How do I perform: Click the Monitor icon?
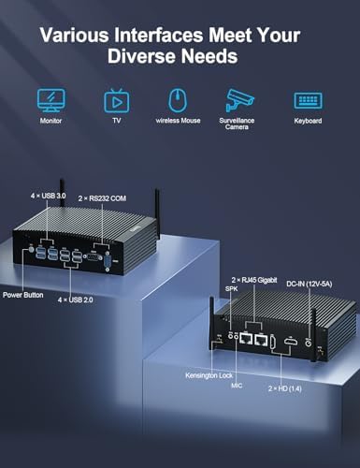pos(51,100)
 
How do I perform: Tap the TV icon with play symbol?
pos(117,101)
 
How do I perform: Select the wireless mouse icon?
pos(178,100)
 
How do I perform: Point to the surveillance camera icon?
pos(239,100)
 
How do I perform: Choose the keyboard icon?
pos(309,100)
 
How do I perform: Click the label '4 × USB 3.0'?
pos(48,196)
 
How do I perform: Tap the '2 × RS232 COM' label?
pos(102,198)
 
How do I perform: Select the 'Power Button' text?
pos(23,295)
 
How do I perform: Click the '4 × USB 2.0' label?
pos(75,300)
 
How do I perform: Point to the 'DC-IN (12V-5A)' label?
pos(310,284)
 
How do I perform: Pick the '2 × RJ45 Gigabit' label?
pos(254,280)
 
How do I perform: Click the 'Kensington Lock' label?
pos(209,375)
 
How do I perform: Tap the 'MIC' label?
pos(237,386)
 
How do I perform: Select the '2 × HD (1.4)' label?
pos(285,388)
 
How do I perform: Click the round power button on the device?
pos(31,250)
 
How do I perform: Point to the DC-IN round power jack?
pos(309,343)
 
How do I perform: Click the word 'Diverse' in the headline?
pos(142,56)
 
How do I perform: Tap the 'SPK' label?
pos(231,289)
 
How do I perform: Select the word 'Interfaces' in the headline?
pos(159,35)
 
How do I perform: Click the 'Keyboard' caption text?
pos(308,121)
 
